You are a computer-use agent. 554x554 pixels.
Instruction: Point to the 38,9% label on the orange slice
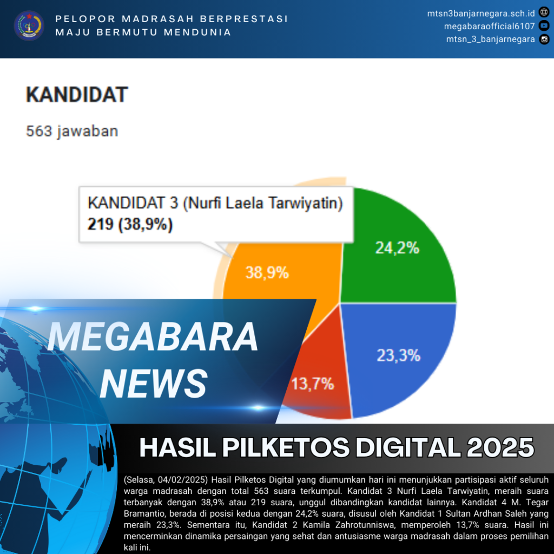coord(267,273)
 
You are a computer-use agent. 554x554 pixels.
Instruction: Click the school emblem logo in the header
coord(29,25)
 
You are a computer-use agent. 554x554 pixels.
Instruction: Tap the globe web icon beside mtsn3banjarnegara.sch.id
coord(544,12)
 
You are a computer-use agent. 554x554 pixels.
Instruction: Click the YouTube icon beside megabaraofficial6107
coord(544,26)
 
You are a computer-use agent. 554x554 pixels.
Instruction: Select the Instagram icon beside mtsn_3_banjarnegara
coord(544,39)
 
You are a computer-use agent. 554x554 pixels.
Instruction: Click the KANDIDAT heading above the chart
coord(77,95)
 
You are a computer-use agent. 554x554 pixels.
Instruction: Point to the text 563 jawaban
coord(72,131)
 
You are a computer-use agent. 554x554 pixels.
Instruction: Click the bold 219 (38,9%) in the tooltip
coord(130,225)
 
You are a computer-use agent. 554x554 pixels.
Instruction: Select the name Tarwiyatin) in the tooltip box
coord(306,203)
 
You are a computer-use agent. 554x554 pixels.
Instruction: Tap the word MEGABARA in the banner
coord(153,337)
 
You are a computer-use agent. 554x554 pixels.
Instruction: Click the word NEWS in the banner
coord(154,384)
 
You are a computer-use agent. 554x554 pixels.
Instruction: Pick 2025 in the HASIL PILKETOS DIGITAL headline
coord(500,447)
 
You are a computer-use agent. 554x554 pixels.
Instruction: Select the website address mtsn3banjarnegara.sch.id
coord(481,14)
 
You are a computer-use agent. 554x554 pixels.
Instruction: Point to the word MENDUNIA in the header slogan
coord(197,32)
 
